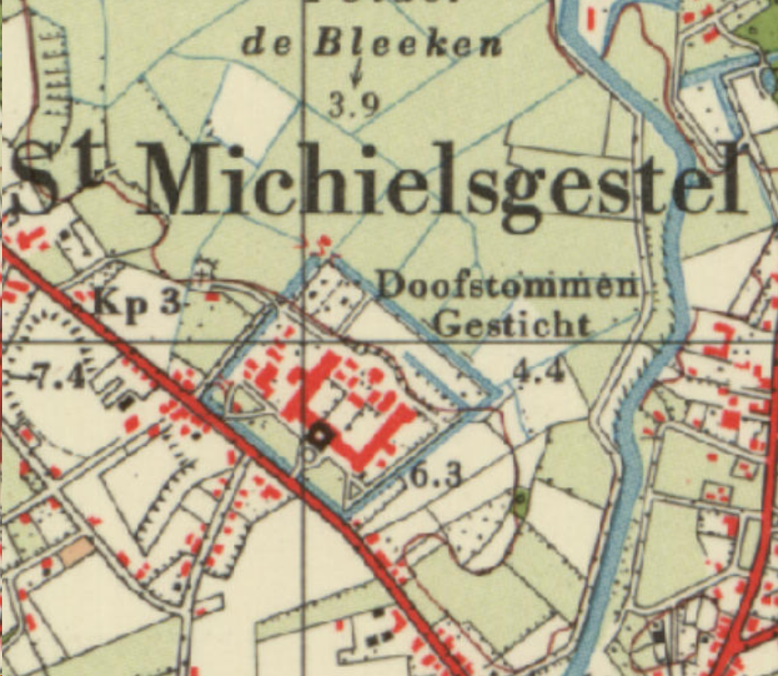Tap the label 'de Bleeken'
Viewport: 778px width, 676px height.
coord(372,45)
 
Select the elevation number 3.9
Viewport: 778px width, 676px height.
coord(353,105)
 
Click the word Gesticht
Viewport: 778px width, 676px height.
coord(512,325)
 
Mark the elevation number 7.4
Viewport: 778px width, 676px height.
coord(59,376)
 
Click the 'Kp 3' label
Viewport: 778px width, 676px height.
coord(136,303)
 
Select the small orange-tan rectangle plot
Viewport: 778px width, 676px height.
coord(76,551)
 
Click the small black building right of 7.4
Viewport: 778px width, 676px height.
coord(126,403)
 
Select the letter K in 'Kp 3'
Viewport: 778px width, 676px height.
coord(107,304)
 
